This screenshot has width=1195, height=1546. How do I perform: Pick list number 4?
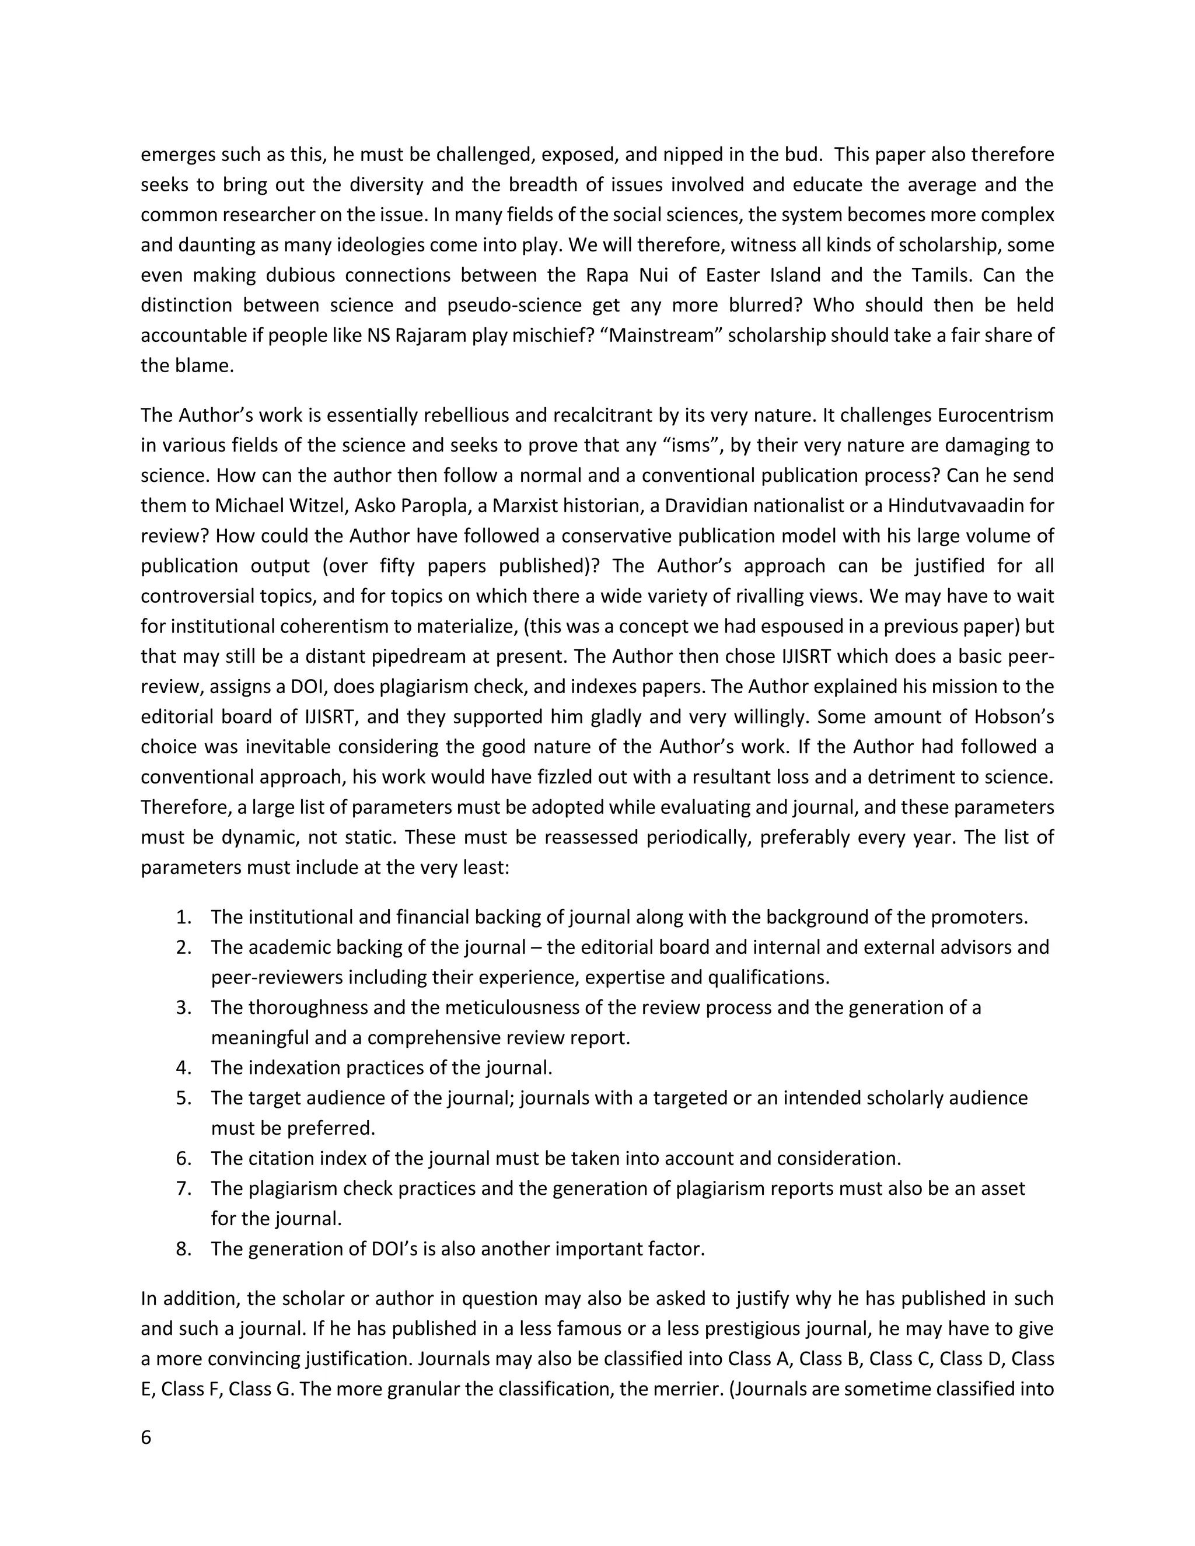click(x=183, y=1068)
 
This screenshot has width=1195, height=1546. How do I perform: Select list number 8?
click(x=183, y=1248)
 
